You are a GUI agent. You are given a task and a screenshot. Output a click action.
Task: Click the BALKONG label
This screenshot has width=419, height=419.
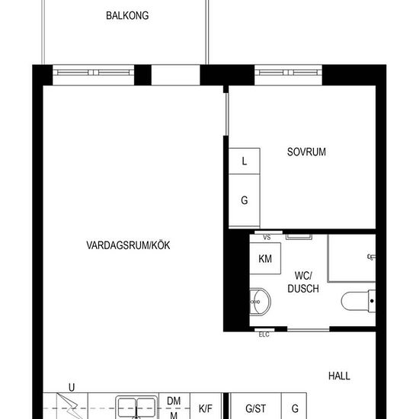point(127,15)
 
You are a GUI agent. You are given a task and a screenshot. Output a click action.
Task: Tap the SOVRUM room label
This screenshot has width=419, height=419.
point(306,152)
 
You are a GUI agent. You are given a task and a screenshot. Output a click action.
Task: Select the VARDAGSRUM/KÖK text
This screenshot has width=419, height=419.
point(128,245)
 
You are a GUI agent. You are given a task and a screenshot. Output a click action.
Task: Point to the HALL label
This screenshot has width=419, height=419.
point(339,376)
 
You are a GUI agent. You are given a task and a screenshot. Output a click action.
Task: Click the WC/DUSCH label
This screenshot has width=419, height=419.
point(303,282)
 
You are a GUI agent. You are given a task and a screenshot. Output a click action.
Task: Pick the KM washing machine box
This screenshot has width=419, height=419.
point(265,258)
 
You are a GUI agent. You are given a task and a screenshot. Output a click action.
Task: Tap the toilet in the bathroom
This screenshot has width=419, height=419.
point(358,301)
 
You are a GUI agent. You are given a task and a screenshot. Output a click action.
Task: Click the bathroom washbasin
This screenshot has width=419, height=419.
point(260,302)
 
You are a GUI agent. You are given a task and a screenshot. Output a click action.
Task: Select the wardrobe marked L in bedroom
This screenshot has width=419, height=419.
point(245,161)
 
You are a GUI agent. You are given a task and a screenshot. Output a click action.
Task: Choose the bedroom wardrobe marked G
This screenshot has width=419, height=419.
point(245,200)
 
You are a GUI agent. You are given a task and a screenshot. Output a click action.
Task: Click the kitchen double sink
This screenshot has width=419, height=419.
point(136,408)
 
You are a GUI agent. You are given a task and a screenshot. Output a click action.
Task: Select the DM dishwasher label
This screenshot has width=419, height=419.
point(174,401)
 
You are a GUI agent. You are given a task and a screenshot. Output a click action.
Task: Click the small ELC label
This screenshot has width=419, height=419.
point(264,334)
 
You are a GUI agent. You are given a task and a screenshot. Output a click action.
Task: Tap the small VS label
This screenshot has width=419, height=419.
point(267,237)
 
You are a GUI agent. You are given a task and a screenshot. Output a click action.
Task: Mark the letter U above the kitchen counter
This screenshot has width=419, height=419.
point(72,388)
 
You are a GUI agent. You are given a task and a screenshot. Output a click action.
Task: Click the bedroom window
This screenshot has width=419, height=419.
point(288,72)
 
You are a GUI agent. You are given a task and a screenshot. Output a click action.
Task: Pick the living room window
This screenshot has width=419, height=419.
point(93,72)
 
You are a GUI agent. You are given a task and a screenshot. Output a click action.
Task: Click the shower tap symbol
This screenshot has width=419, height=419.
point(372,257)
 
